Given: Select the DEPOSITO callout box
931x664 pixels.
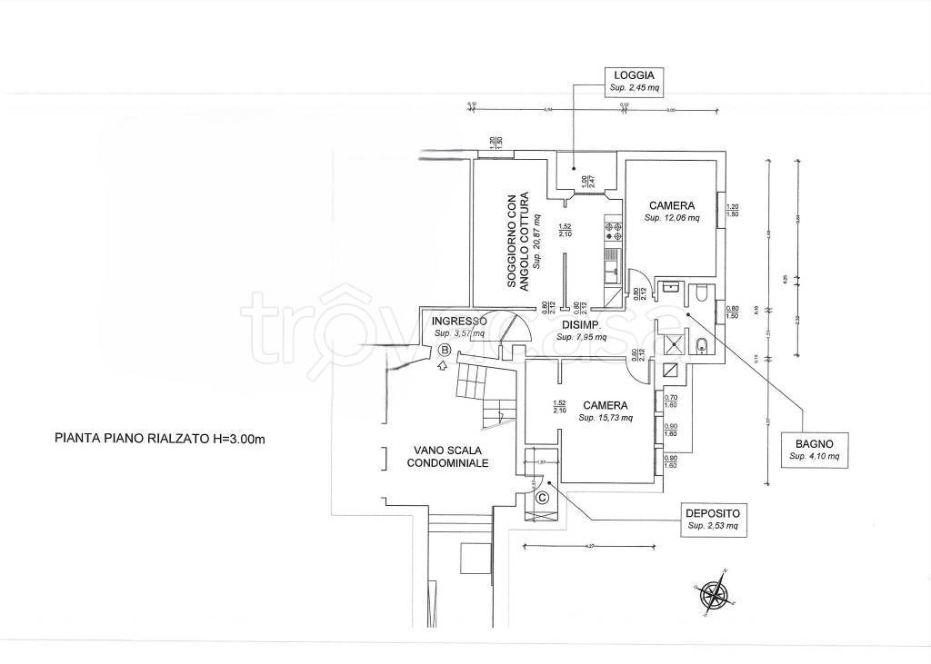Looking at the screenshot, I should coord(714,518).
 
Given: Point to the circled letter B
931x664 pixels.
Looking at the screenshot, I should coord(445,349).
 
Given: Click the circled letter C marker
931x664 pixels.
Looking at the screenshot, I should coord(543,497).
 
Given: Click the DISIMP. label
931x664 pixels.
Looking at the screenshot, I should coord(578,325).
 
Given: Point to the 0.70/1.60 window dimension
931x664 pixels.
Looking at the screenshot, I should coord(672,401).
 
